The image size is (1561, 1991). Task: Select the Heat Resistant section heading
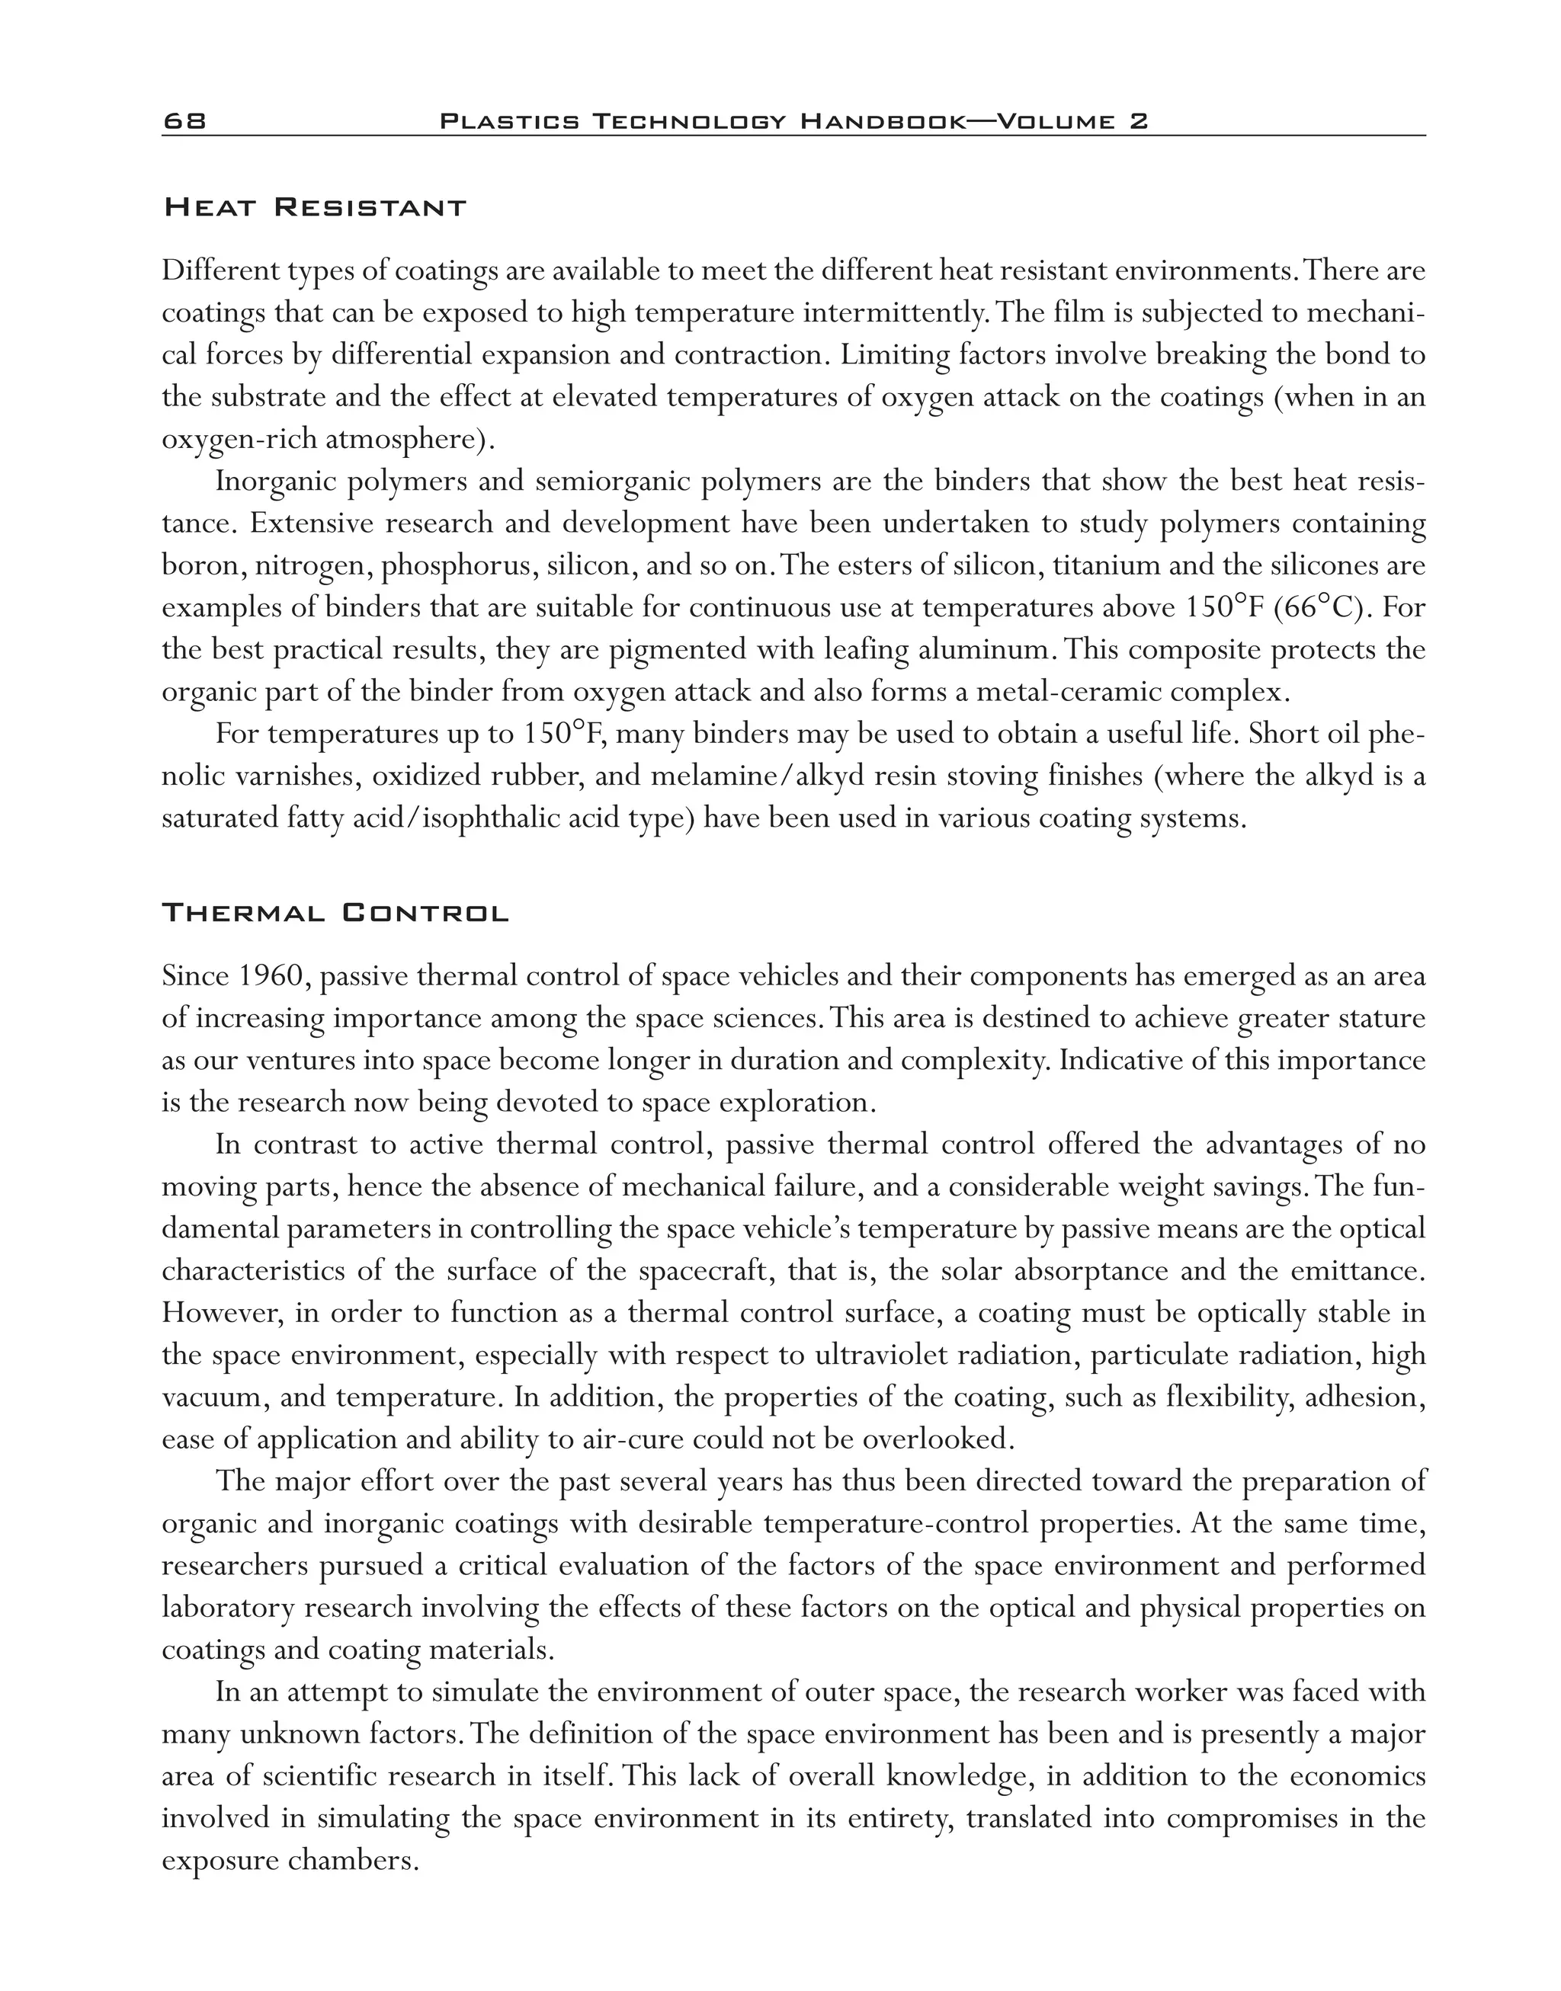click(314, 207)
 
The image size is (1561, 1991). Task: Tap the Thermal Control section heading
click(335, 913)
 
